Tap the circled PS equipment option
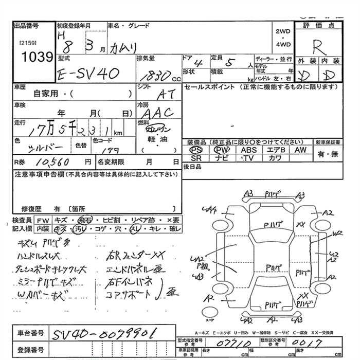coord(196,150)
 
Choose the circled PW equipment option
coord(222,150)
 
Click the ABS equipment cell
coord(248,150)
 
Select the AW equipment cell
coord(300,150)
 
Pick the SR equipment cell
coord(196,158)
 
